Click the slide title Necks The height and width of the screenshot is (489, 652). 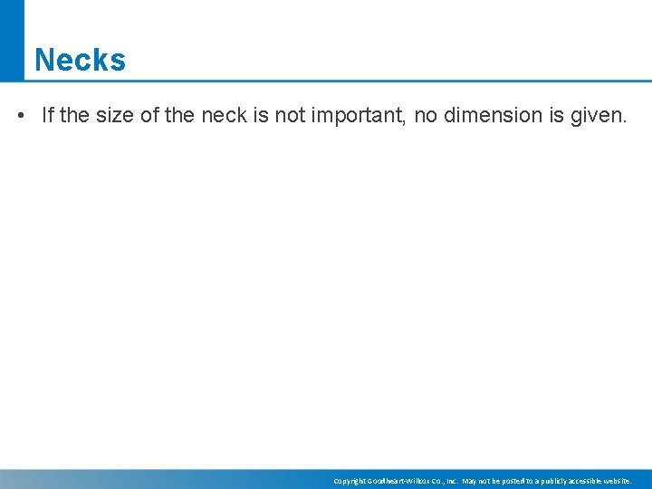click(x=80, y=60)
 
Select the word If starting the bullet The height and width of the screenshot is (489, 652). click(x=48, y=116)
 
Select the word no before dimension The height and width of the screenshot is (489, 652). click(x=427, y=116)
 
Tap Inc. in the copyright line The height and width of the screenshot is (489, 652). click(x=449, y=481)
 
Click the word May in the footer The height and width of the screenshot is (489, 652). click(x=470, y=481)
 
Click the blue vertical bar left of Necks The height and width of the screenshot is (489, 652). click(x=12, y=41)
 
